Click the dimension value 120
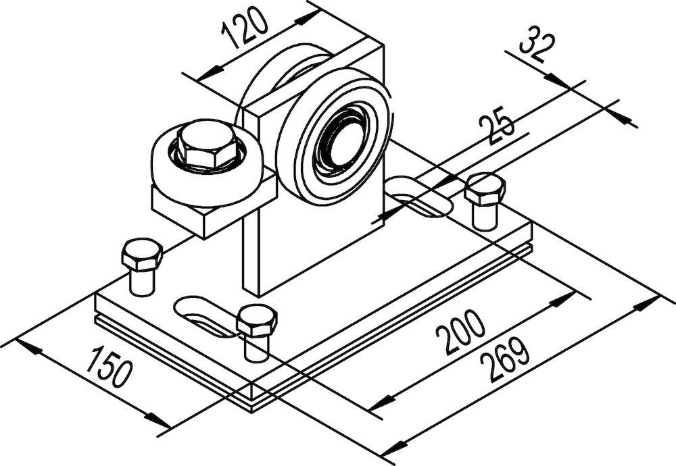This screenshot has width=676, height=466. click(245, 33)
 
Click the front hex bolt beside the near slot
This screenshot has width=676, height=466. click(257, 321)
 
